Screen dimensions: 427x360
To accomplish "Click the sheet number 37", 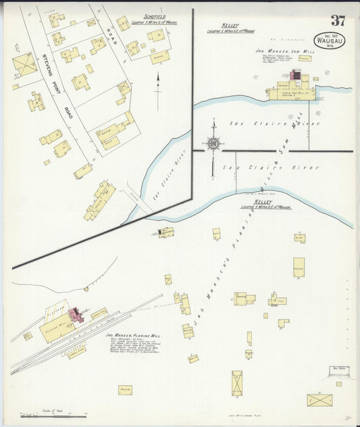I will coord(338,20).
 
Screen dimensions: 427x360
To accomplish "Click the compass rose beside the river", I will coord(213,143).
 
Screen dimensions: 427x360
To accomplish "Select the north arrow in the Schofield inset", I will coord(158,88).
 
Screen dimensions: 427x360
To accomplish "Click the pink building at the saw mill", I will coord(295,76).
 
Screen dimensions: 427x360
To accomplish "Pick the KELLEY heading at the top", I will coord(226,27).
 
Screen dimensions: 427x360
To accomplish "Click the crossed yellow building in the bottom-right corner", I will coord(319,399).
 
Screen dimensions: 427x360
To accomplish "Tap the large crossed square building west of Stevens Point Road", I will coord(24,65).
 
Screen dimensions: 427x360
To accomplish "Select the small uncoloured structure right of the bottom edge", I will coord(340,371).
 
